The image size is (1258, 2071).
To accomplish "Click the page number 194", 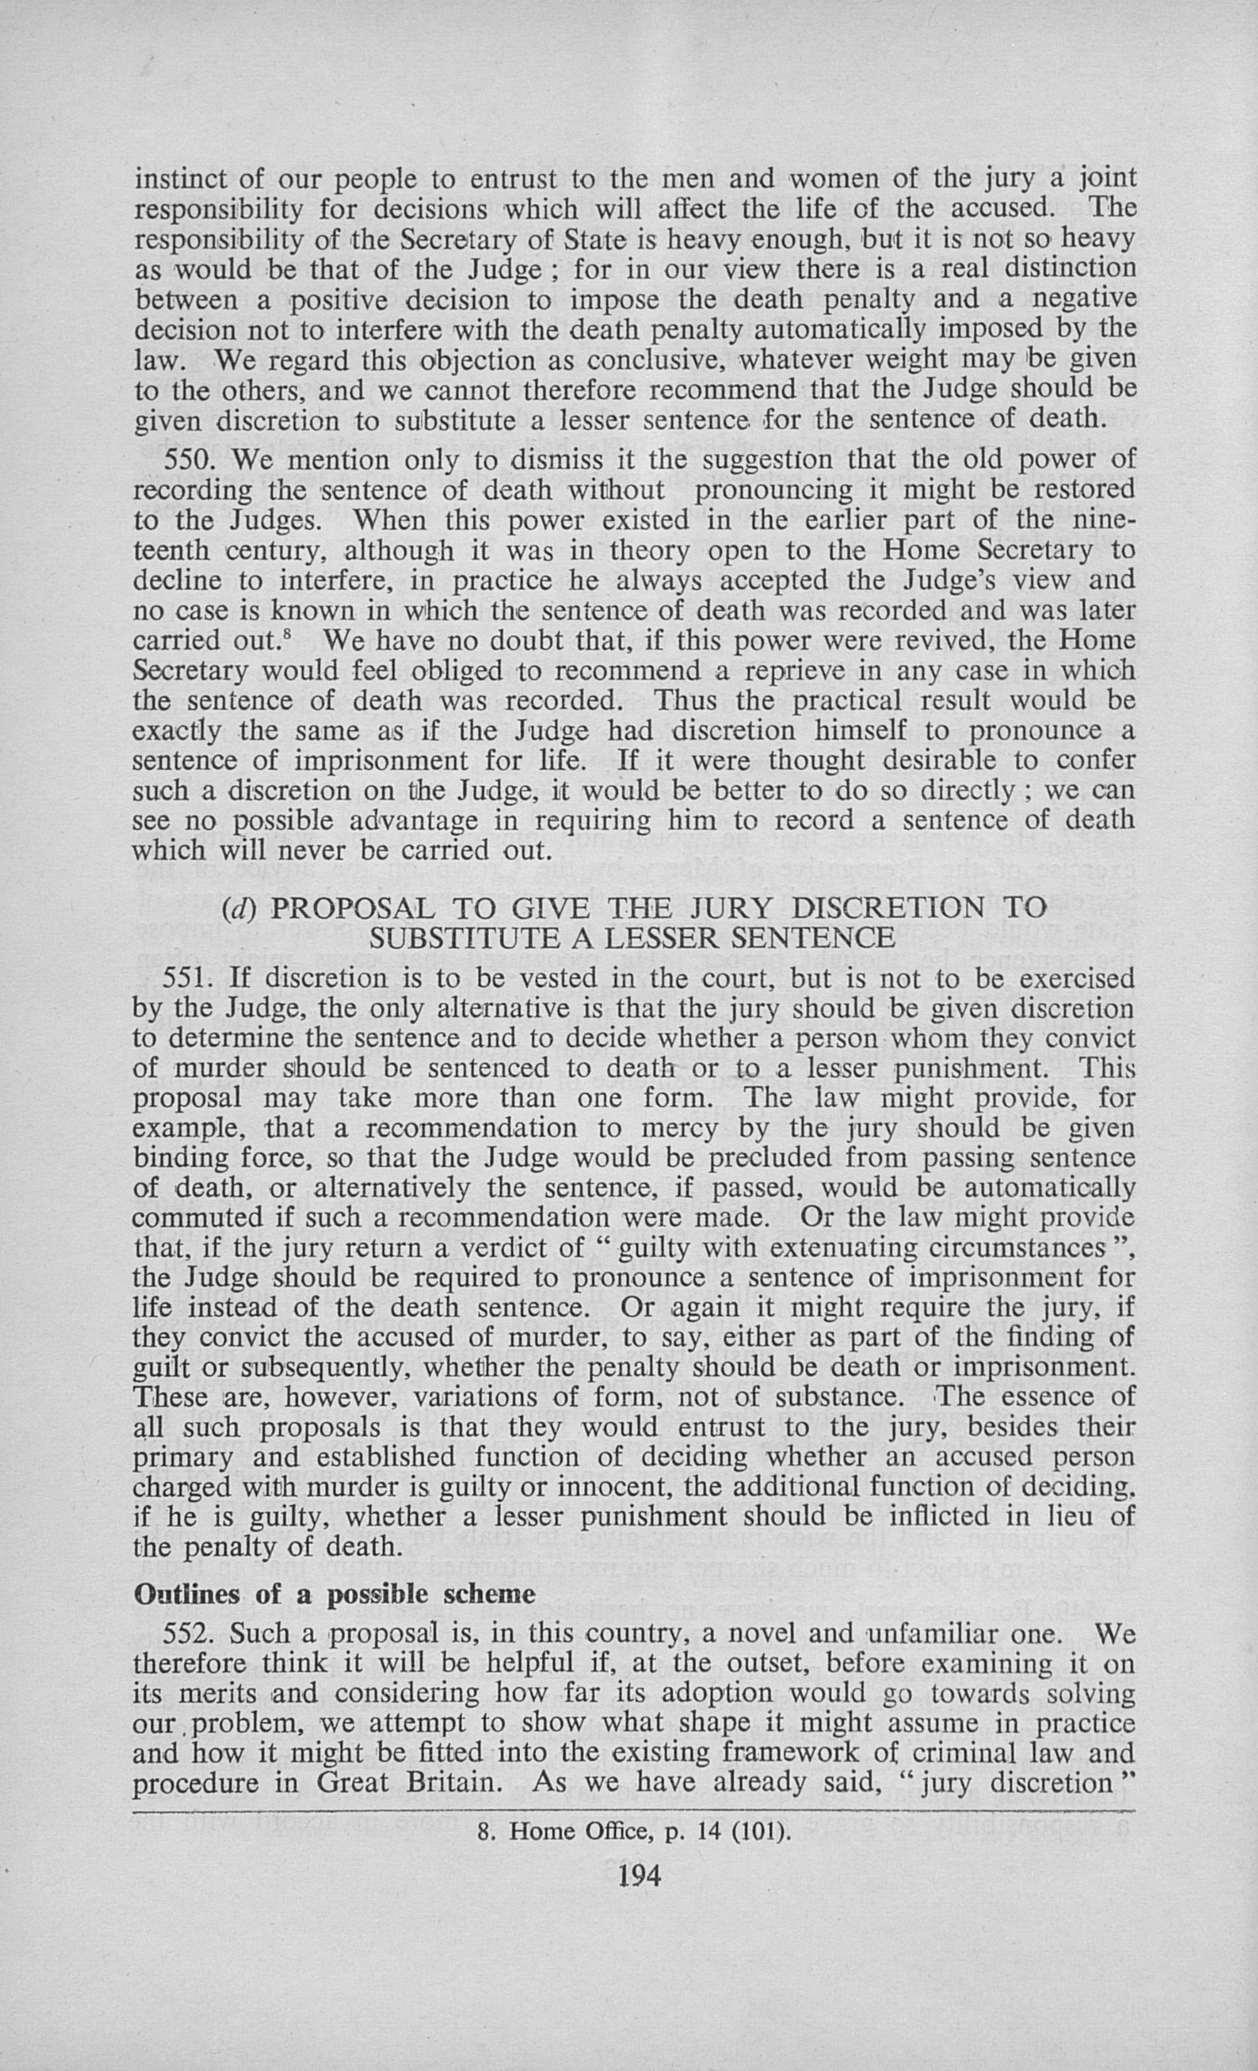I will pos(639,1875).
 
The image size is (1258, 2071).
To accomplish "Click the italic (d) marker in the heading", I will pos(237,909).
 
